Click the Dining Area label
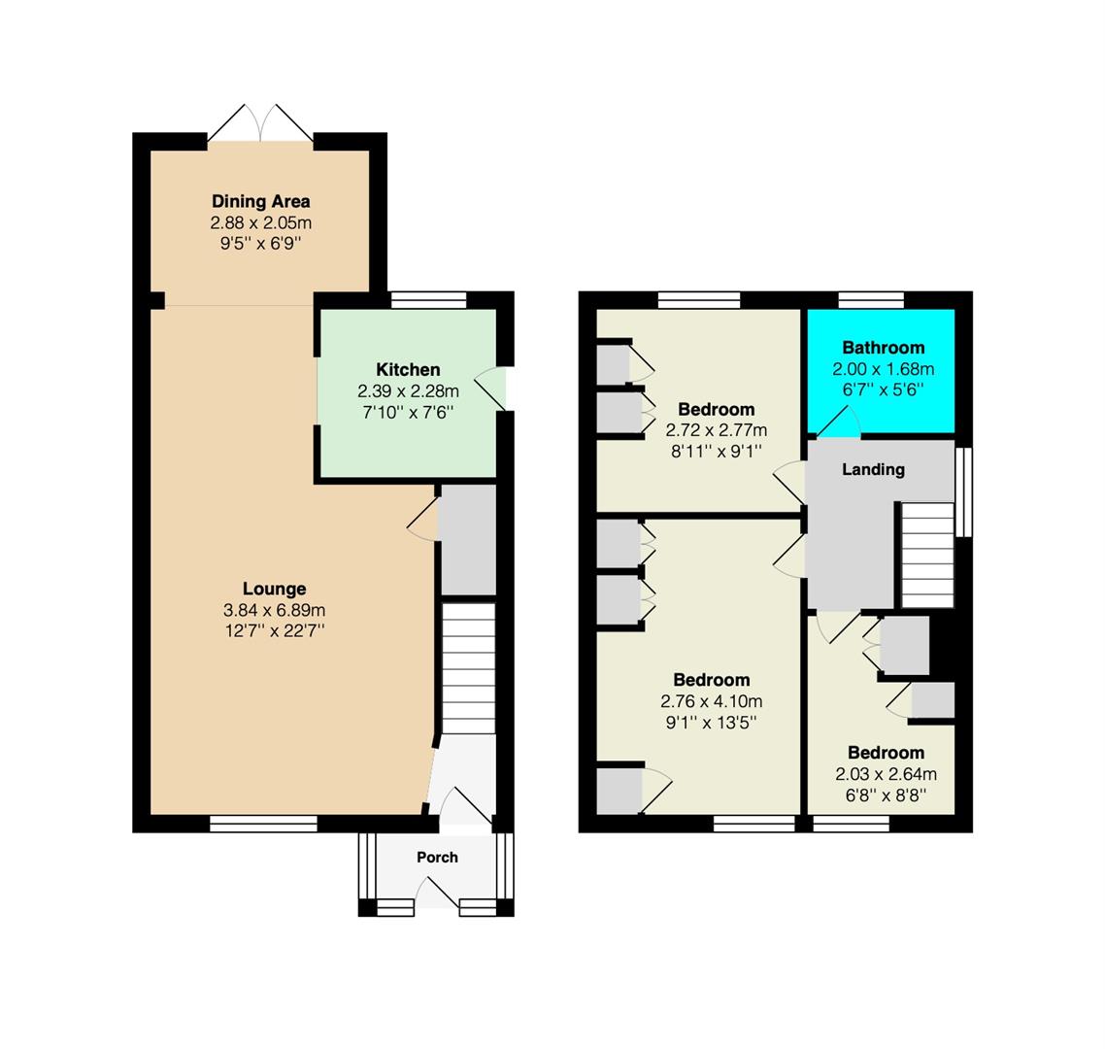coord(261,202)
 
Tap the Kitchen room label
coord(408,369)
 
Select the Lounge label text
coord(274,589)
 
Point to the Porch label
coord(437,858)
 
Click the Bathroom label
coord(883,348)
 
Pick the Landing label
coord(873,469)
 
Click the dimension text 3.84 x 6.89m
coord(274,610)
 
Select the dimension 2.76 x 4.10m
coord(711,701)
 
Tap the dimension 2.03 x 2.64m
coord(886,774)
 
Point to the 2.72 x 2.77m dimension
coord(716,430)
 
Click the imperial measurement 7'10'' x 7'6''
coord(408,413)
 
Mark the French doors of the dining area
coord(260,124)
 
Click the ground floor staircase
coord(469,667)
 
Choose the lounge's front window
coord(263,824)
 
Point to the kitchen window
coord(428,299)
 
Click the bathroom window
coord(871,299)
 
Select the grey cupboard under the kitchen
coord(468,540)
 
